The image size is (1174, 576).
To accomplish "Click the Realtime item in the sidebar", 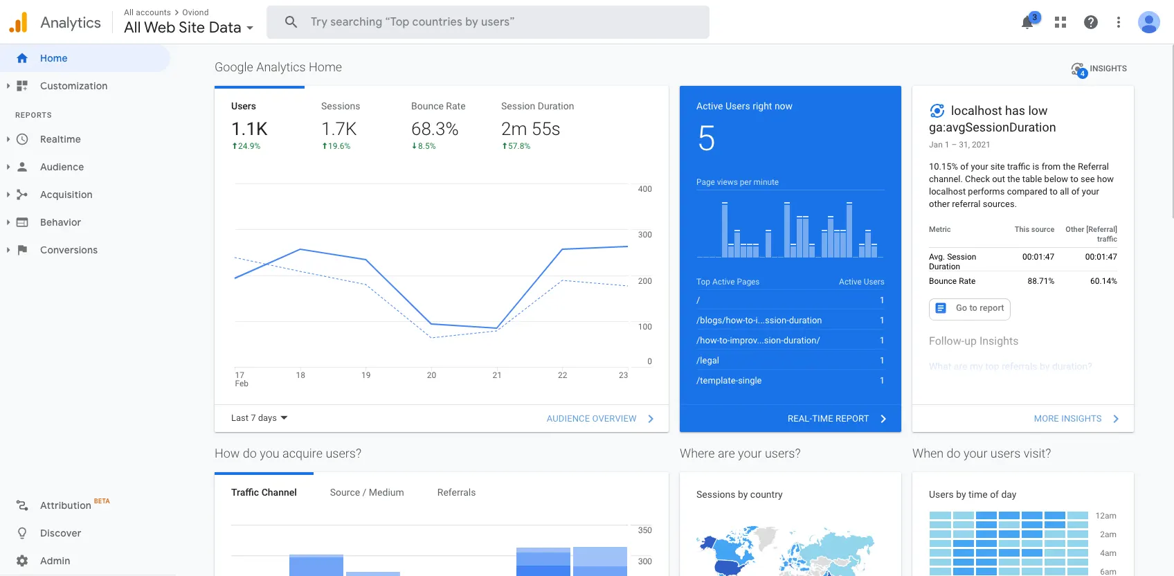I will click(x=60, y=139).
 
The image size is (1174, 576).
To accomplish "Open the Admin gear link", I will click(x=55, y=561).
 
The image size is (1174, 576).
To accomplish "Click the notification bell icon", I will click(x=1027, y=22).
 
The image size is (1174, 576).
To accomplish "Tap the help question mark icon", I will click(x=1091, y=22).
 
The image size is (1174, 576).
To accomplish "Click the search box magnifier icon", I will click(x=291, y=22).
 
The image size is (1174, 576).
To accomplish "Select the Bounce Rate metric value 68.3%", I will click(x=435, y=129).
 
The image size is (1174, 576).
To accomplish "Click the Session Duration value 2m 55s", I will click(x=530, y=129).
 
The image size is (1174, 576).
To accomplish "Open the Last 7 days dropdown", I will click(x=260, y=418).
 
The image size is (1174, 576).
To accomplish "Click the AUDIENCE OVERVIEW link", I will click(x=592, y=419).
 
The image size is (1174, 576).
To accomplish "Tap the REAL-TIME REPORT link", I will click(x=829, y=419).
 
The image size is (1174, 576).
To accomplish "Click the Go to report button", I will click(x=970, y=309).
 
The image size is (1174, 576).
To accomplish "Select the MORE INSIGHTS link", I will click(x=1068, y=419).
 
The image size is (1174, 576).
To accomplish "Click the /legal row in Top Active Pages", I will click(x=708, y=361).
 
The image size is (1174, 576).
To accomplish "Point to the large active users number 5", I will click(x=707, y=138).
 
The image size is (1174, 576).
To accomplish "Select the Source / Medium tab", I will click(x=367, y=492).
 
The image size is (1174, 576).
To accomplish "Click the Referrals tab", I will click(x=456, y=492).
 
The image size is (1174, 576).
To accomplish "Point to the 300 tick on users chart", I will click(x=644, y=235).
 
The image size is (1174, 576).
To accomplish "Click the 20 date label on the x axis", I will click(x=431, y=375).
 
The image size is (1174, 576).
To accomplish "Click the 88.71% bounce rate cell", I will click(x=1040, y=281).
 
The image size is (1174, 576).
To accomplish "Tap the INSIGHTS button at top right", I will click(x=1099, y=69).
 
